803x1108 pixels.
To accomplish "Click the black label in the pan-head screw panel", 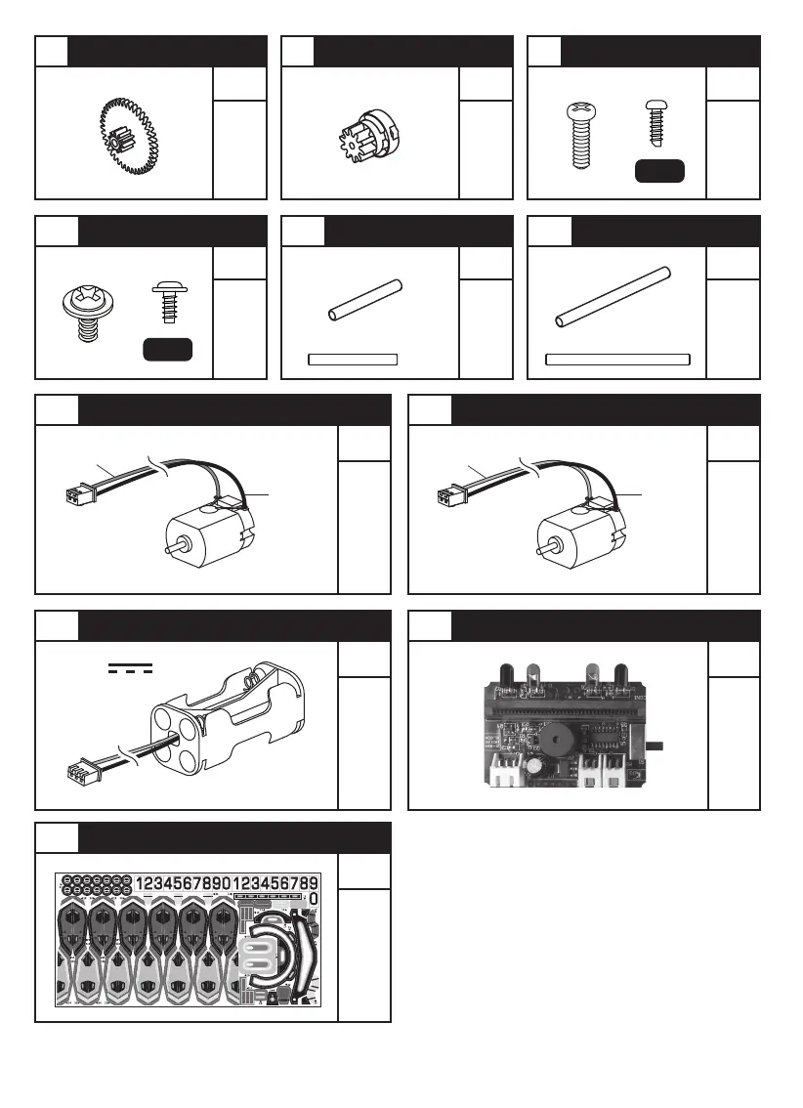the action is tap(659, 171).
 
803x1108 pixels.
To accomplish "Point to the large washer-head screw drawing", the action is tap(84, 309).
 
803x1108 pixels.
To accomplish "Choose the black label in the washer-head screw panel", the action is tap(167, 350).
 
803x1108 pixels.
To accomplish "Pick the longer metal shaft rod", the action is tap(613, 297).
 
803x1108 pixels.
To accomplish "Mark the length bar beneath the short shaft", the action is tap(353, 359).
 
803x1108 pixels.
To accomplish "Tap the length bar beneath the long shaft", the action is tap(617, 359).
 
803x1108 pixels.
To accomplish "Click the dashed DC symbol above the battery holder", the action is tap(131, 668).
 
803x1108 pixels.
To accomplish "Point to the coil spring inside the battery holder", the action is tap(252, 676).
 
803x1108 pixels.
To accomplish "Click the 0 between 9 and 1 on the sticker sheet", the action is tap(227, 883).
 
